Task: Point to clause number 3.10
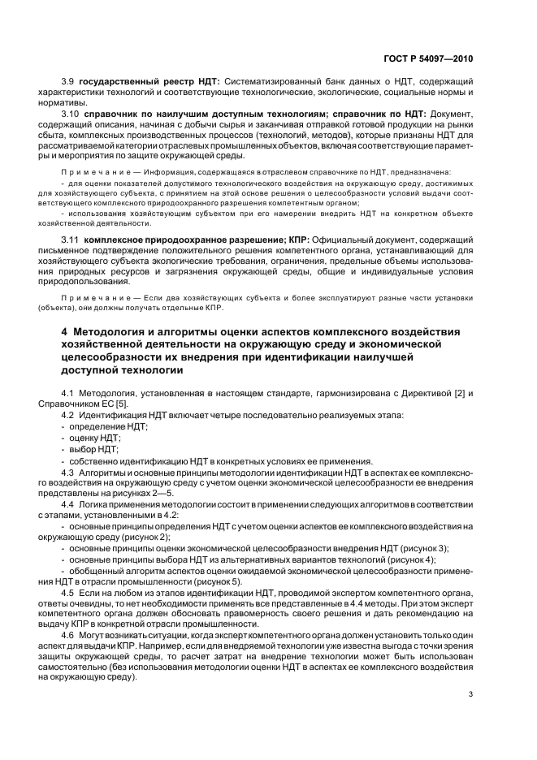(x=71, y=114)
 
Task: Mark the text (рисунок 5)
(x=217, y=582)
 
